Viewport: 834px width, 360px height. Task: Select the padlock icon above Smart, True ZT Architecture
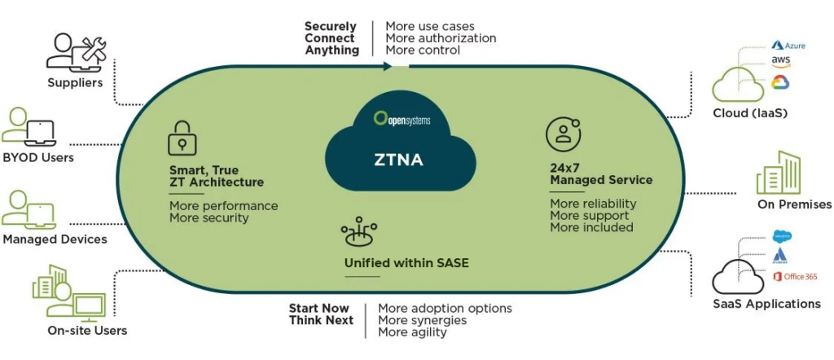pos(182,138)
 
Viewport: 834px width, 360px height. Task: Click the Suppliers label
pos(75,82)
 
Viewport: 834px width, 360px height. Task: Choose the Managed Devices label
pos(55,239)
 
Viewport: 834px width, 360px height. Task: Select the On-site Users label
pos(87,330)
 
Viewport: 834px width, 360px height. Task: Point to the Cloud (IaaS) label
pos(747,112)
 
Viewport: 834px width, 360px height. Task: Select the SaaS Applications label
pos(766,304)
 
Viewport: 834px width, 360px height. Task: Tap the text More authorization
pos(441,38)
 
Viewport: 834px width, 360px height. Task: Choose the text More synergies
pos(422,320)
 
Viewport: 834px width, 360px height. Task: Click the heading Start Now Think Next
pos(321,314)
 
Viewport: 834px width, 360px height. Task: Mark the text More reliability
pos(593,204)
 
